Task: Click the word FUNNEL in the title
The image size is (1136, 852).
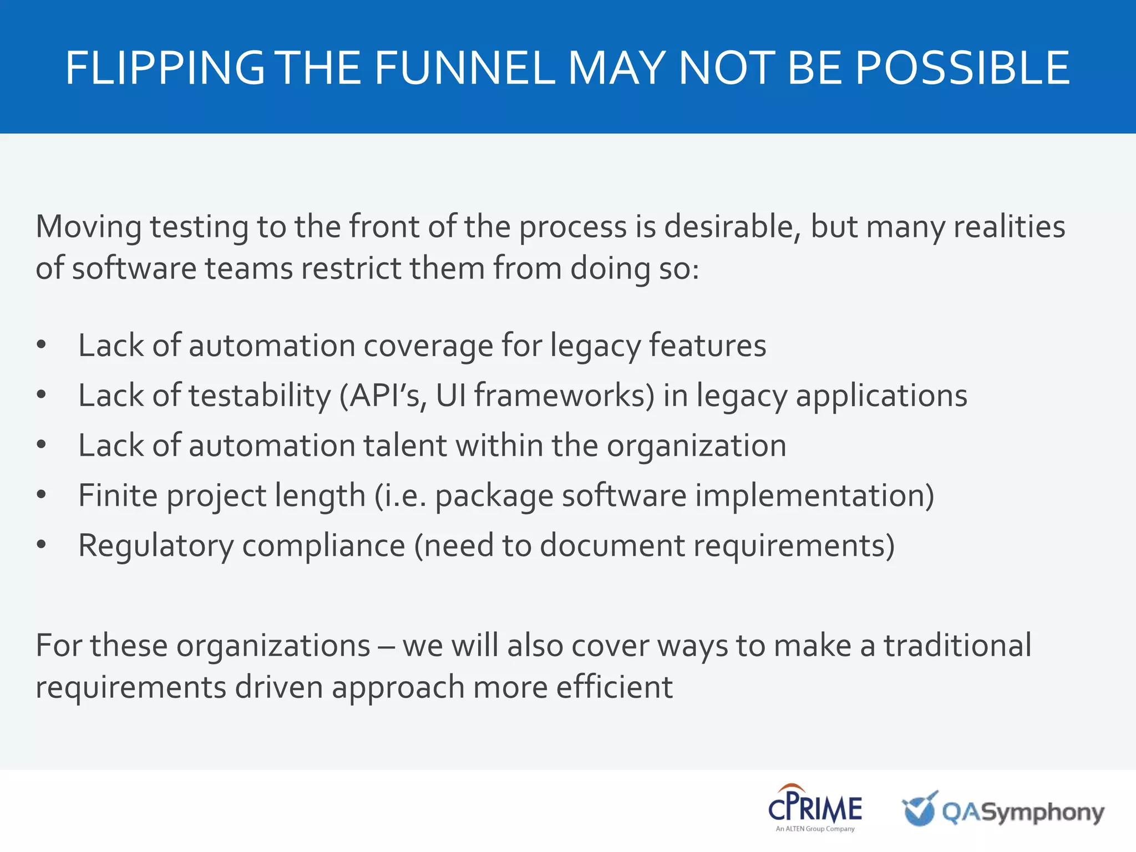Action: point(465,68)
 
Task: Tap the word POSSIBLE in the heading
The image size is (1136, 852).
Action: point(962,68)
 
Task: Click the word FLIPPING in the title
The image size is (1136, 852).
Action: point(165,68)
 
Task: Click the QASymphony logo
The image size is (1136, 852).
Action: point(1003,810)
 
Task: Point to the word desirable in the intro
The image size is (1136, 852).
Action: point(732,226)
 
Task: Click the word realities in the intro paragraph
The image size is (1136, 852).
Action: point(1009,226)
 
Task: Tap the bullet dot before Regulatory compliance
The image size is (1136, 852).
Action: point(41,545)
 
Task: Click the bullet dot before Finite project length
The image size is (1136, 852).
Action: point(41,495)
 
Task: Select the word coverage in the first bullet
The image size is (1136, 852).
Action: point(428,346)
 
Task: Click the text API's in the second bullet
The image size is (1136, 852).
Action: point(383,396)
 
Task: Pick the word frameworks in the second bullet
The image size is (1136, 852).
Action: point(564,396)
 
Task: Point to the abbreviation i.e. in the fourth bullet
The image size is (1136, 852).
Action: point(401,495)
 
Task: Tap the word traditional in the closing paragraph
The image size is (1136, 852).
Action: point(957,646)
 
